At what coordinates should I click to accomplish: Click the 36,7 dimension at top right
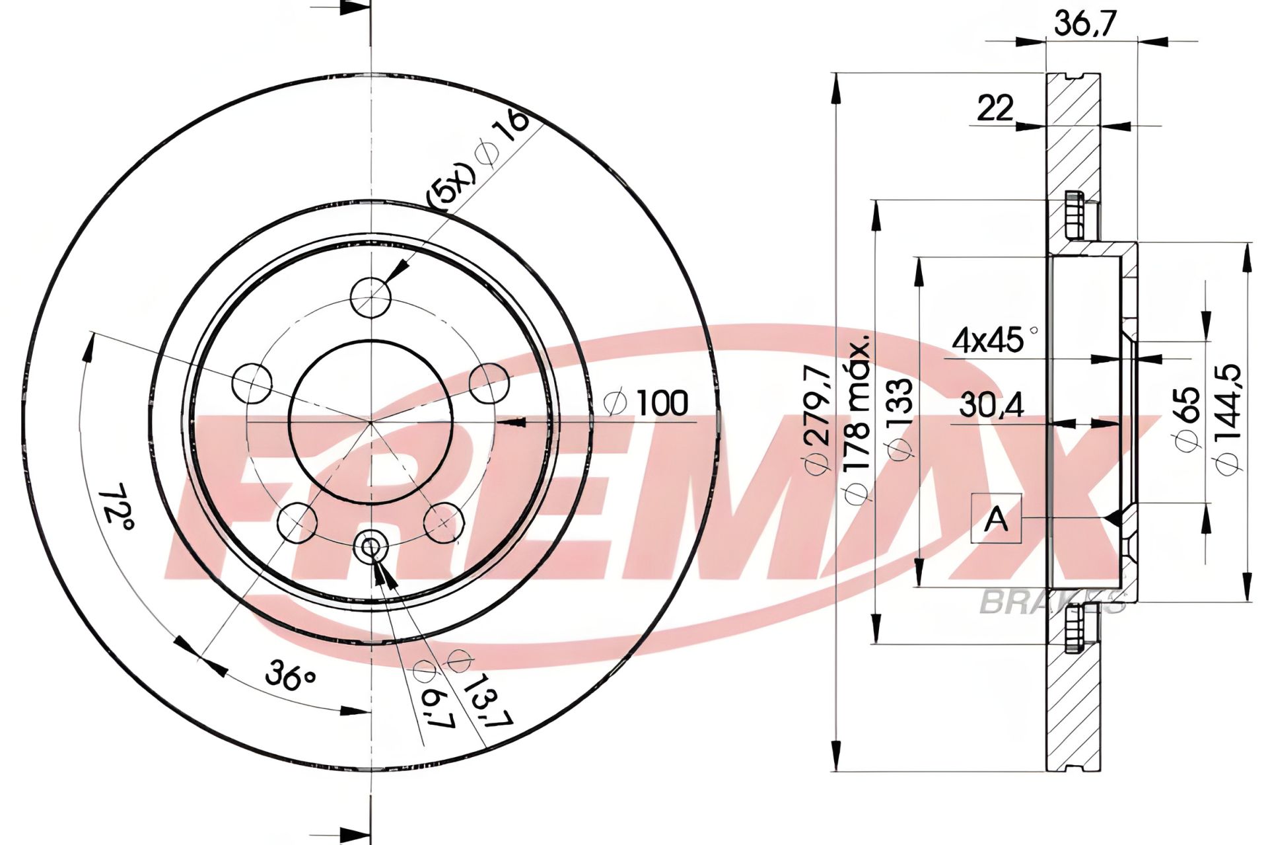[x=1085, y=26]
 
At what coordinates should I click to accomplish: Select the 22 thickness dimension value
[x=995, y=108]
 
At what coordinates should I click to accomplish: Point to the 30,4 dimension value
[x=991, y=405]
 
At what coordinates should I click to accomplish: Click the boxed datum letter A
[x=996, y=519]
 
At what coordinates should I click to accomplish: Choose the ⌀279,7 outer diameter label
[x=818, y=420]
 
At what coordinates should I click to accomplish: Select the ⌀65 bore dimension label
[x=1188, y=420]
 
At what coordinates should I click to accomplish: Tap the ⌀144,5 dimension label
[x=1229, y=419]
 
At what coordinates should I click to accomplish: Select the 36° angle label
[x=291, y=677]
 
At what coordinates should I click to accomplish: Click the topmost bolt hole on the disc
[x=370, y=297]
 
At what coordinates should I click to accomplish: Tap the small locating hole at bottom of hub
[x=370, y=546]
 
